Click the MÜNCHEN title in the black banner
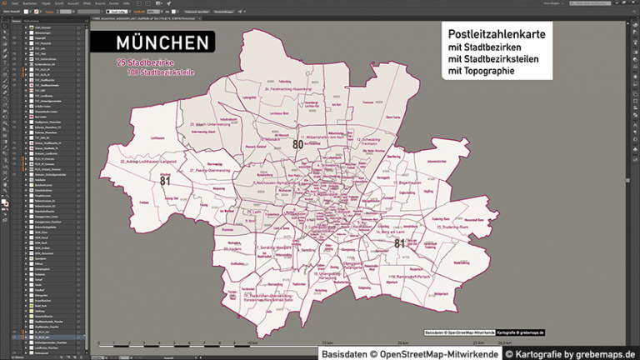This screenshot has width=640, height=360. [162, 43]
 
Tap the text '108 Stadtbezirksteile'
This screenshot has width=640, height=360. [161, 73]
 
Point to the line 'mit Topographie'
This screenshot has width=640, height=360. [481, 72]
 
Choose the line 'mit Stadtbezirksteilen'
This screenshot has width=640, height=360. [493, 59]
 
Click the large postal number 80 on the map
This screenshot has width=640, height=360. [297, 144]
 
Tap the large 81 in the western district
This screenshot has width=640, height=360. [165, 180]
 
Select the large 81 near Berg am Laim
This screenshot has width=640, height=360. [400, 243]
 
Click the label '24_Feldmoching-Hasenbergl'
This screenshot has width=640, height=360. [288, 87]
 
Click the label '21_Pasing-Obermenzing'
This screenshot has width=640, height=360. [207, 170]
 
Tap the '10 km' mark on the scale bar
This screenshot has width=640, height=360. [252, 342]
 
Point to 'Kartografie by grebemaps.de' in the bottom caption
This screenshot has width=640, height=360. [569, 355]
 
